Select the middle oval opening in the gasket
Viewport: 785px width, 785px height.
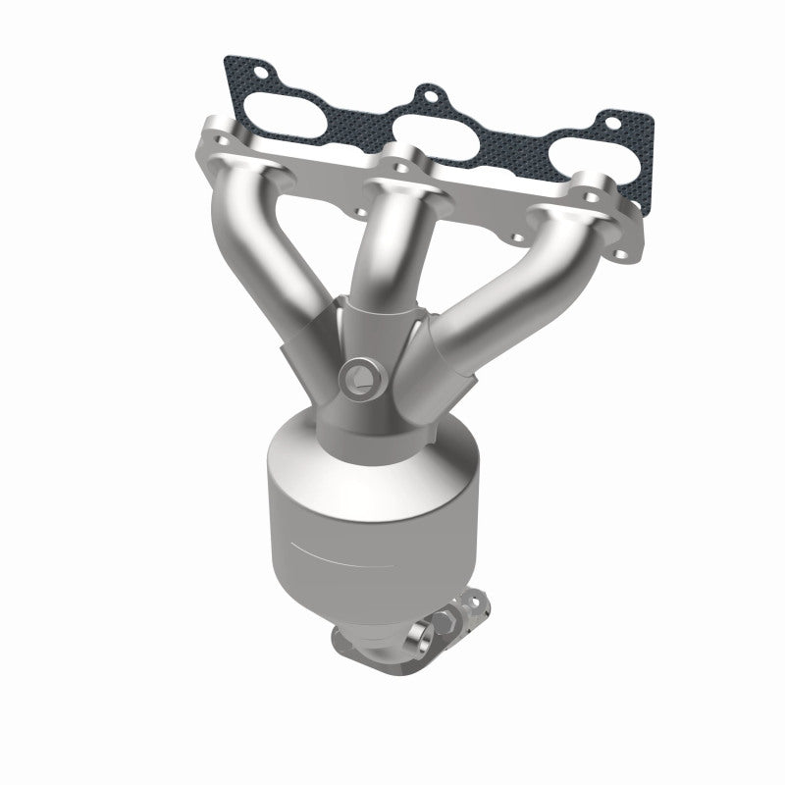pyautogui.click(x=436, y=131)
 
